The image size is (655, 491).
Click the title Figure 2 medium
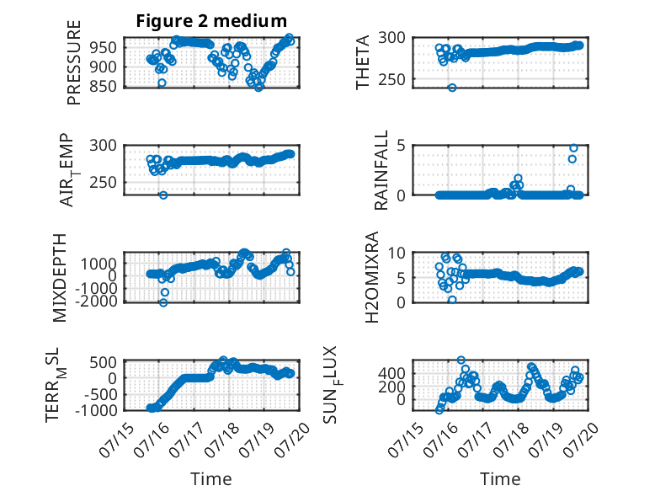coord(211,21)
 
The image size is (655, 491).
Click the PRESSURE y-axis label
coord(73,62)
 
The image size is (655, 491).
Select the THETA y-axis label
coord(363,62)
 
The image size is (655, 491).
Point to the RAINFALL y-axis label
coord(381,170)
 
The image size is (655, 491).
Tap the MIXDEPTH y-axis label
coord(60,278)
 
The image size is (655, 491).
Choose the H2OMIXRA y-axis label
coord(371,277)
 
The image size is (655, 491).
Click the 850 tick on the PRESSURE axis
coord(103,86)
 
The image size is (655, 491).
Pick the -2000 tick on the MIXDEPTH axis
coord(98,300)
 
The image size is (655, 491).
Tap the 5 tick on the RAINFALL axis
coord(402,146)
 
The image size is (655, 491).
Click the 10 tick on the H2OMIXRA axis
coord(397,253)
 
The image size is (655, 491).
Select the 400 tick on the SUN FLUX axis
coord(391,373)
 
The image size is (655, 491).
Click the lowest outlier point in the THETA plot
coord(452,88)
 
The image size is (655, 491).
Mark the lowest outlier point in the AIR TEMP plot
coord(163,195)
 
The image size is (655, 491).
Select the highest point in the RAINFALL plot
coord(573,148)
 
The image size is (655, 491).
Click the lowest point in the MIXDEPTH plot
coord(163,302)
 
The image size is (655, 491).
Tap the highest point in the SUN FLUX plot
coord(461,360)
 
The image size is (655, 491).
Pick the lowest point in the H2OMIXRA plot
coord(452,300)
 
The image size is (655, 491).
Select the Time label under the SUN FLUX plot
coord(500,479)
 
